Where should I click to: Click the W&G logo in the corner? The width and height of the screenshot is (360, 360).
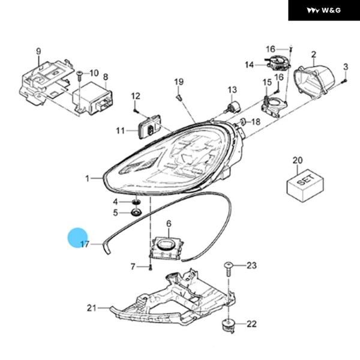[x=323, y=10]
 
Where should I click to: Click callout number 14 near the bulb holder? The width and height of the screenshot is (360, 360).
[x=249, y=64]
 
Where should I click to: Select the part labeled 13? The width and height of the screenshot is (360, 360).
[x=230, y=106]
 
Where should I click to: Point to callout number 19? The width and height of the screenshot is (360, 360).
[x=178, y=81]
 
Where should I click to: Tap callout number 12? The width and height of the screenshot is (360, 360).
[x=136, y=96]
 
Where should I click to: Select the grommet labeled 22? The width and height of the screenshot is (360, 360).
[x=229, y=325]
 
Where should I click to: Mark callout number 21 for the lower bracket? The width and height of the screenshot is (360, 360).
[x=91, y=308]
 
